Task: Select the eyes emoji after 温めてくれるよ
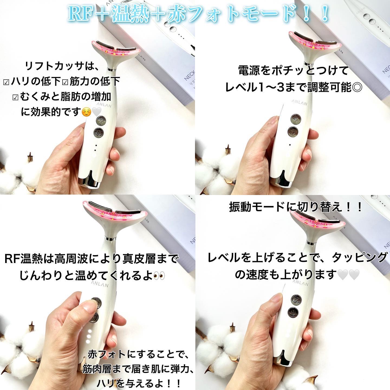point(159,276)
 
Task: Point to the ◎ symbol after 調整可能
point(358,87)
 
